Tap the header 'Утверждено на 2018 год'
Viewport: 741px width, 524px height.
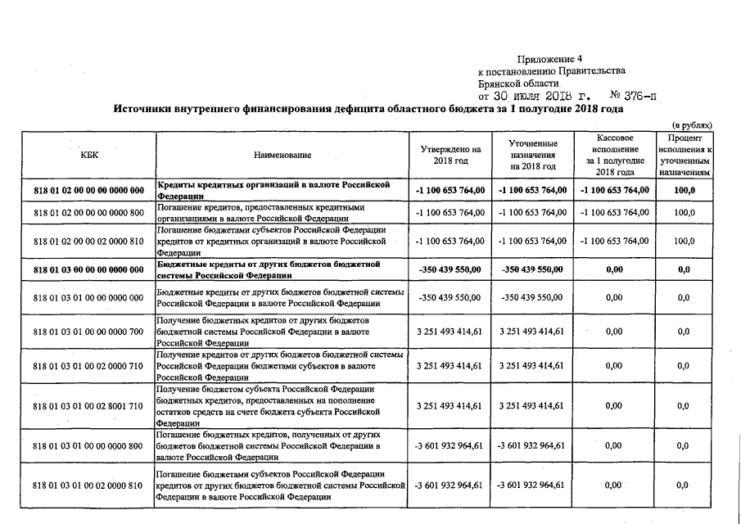(x=450, y=155)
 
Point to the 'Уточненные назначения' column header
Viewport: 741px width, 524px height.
(x=533, y=155)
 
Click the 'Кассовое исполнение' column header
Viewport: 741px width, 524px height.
(x=615, y=155)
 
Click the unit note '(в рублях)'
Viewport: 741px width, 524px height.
(x=691, y=124)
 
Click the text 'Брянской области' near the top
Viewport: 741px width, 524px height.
(x=518, y=83)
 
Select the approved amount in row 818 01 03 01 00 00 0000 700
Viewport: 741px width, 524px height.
(x=450, y=332)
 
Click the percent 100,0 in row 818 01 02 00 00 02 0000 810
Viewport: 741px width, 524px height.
(x=685, y=242)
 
